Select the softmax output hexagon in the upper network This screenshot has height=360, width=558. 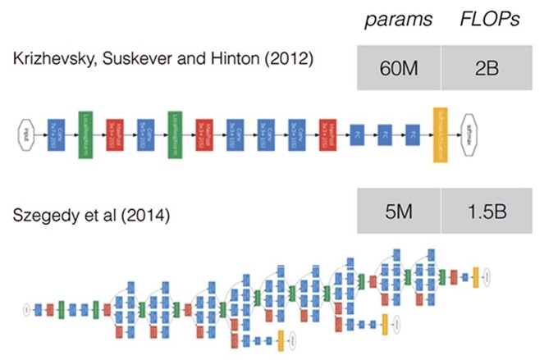pos(473,130)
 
